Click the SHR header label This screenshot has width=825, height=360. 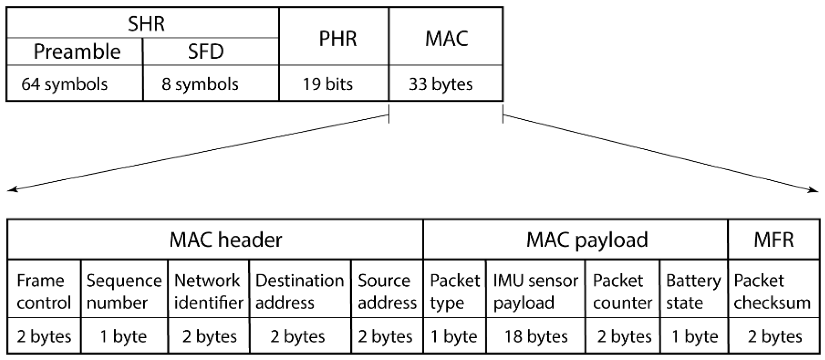click(x=146, y=23)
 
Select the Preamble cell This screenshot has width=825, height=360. click(x=77, y=52)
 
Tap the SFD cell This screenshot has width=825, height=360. click(x=206, y=52)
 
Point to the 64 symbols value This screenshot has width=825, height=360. click(x=65, y=84)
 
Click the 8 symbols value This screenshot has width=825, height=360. click(x=200, y=84)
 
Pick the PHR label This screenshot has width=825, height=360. click(x=338, y=38)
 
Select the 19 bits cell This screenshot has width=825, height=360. click(x=328, y=84)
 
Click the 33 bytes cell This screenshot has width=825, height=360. click(x=441, y=84)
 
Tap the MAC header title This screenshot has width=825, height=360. click(x=225, y=240)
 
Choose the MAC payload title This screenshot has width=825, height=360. click(x=587, y=240)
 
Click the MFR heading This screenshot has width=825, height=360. click(x=773, y=240)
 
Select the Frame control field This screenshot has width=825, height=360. click(x=43, y=291)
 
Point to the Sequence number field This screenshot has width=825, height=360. click(x=124, y=291)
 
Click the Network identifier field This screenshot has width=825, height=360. click(x=208, y=291)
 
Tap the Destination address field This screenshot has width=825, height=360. click(x=299, y=291)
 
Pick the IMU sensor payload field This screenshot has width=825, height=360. click(x=535, y=291)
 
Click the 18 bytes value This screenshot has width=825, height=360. click(x=536, y=336)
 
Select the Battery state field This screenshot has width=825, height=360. click(x=693, y=291)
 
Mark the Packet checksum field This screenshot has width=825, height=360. click(x=772, y=291)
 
